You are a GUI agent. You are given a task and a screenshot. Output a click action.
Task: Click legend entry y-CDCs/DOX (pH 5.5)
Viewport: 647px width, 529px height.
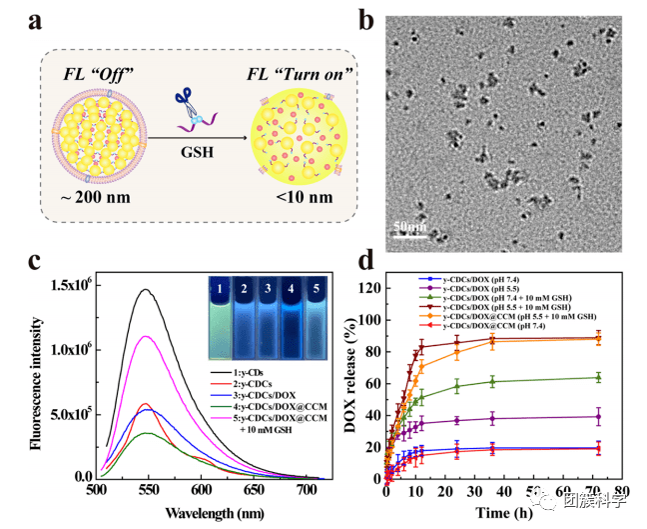pyautogui.click(x=467, y=286)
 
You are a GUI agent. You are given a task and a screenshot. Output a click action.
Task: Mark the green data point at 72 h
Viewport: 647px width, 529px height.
pyautogui.click(x=598, y=377)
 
